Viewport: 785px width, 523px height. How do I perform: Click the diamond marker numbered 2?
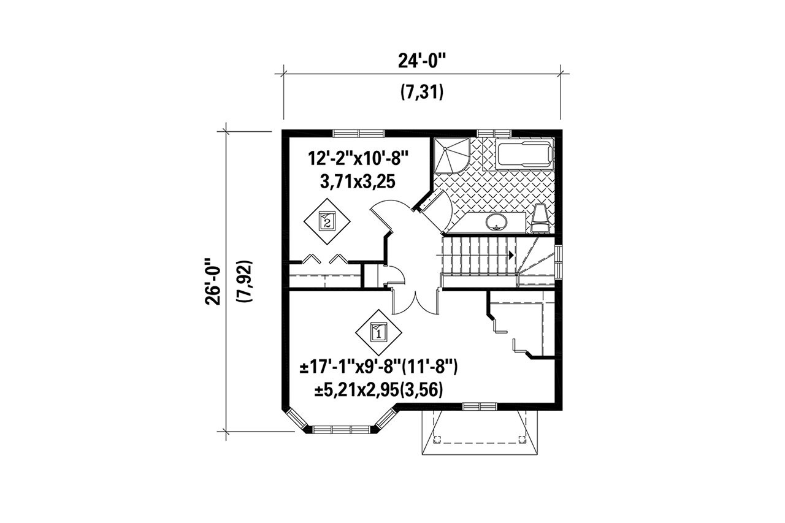click(x=327, y=220)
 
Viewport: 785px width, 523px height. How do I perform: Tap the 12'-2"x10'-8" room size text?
click(x=359, y=161)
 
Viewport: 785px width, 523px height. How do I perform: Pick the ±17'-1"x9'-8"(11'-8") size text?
click(x=379, y=368)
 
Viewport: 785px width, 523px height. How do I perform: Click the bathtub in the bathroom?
click(x=525, y=154)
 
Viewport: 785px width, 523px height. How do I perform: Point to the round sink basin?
click(x=496, y=221)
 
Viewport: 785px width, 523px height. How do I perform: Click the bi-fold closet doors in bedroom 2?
click(x=323, y=259)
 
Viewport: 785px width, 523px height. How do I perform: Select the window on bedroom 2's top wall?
click(x=359, y=133)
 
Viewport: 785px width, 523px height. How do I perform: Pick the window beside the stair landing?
click(x=558, y=261)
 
